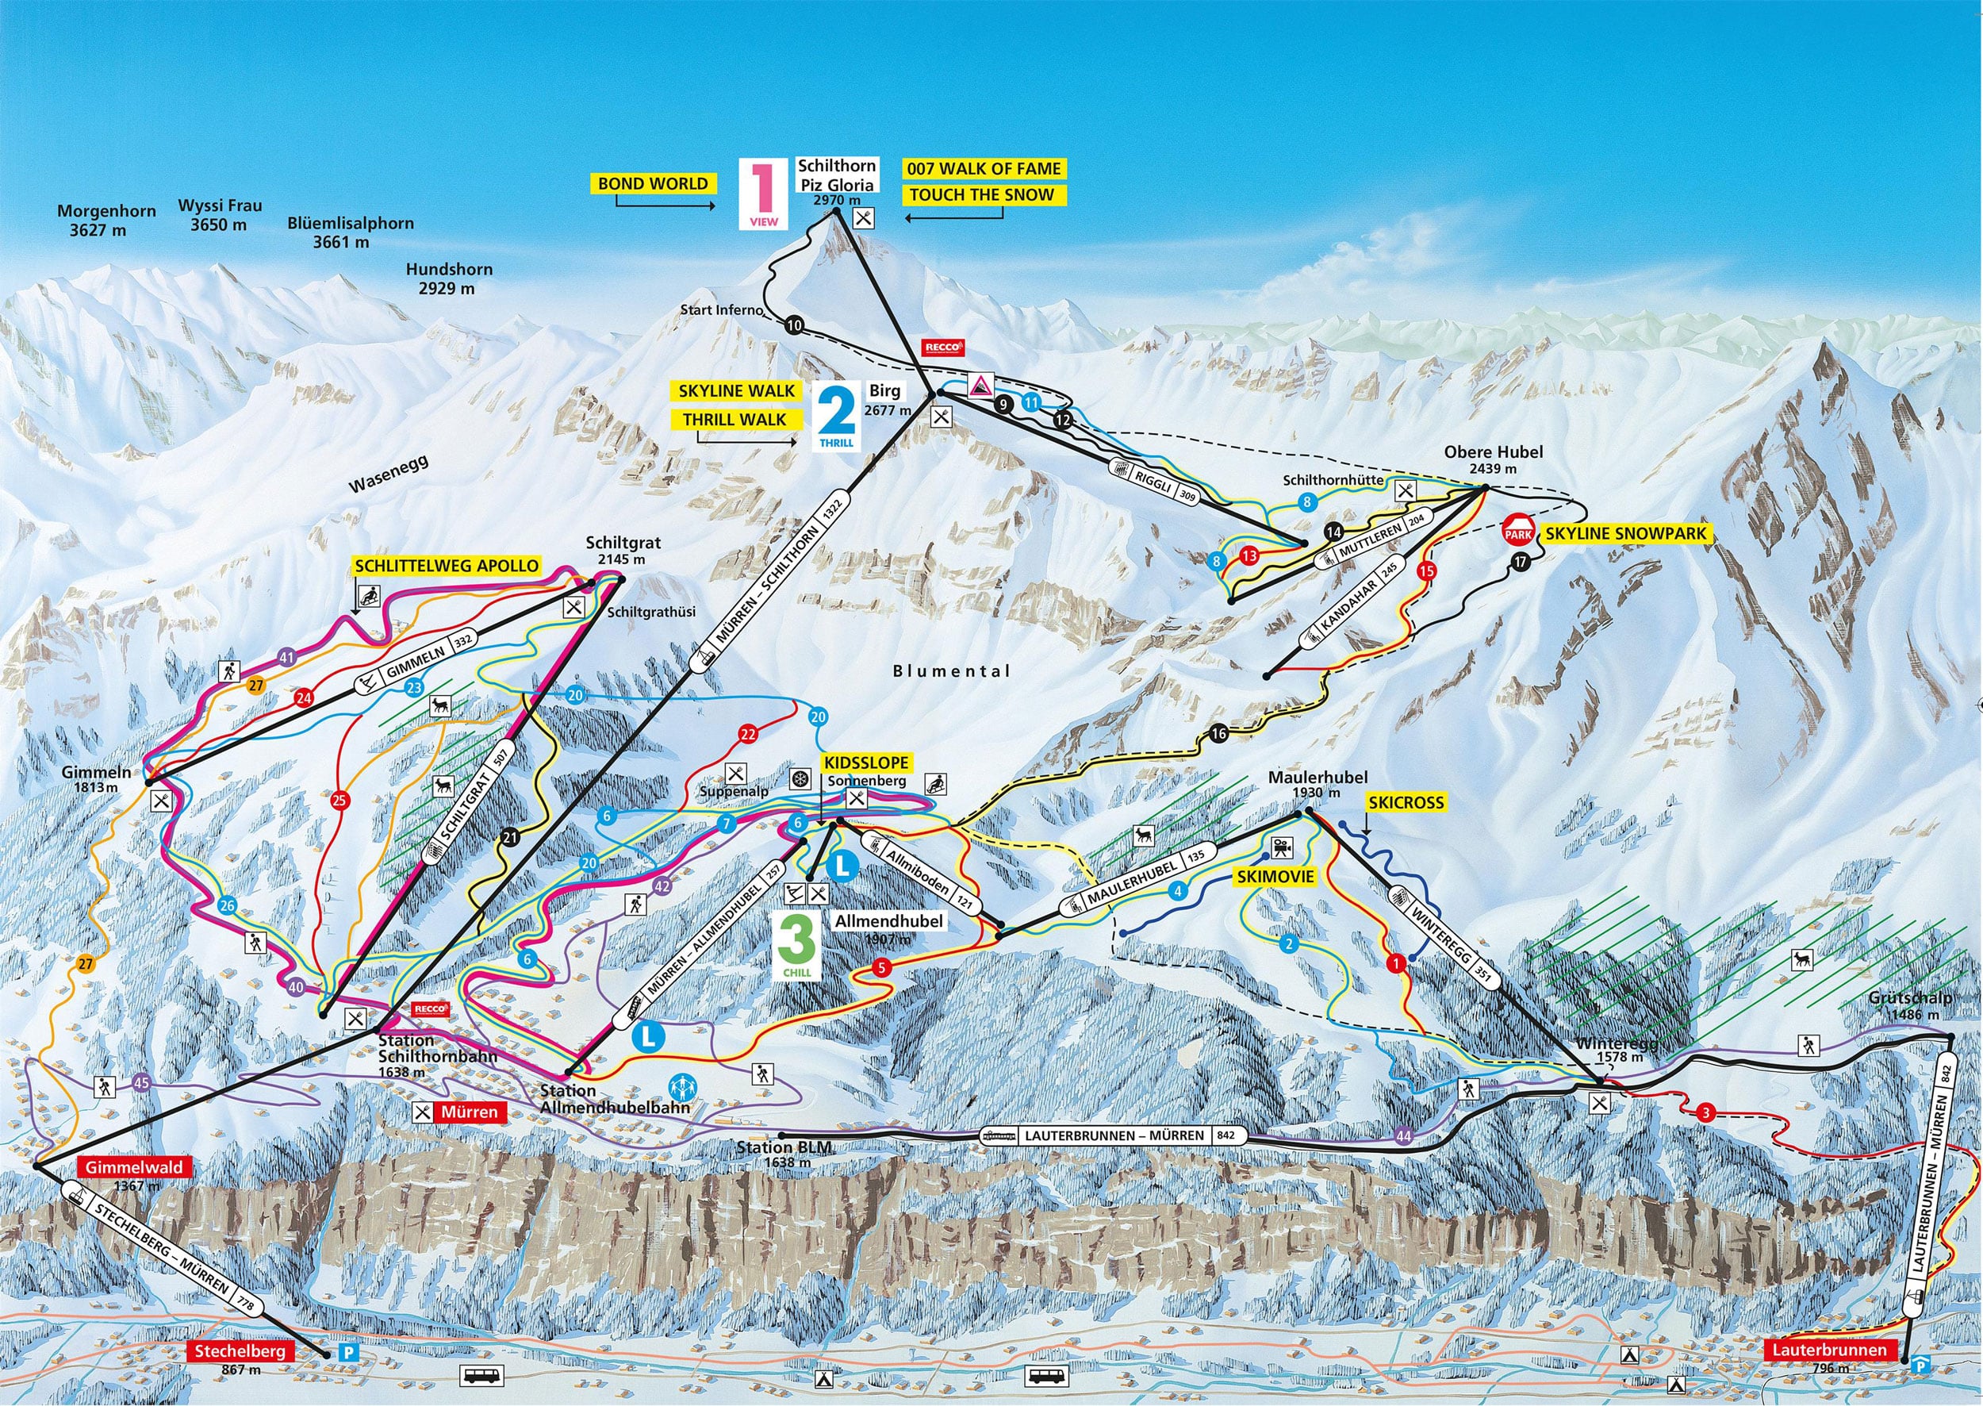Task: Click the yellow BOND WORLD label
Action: point(653,183)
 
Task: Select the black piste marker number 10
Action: point(794,325)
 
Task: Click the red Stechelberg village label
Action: point(240,1351)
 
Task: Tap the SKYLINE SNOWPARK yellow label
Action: point(1626,533)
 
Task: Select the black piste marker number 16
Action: point(1218,734)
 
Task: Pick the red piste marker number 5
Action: point(881,968)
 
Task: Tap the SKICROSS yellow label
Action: point(1406,802)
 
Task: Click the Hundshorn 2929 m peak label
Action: point(448,279)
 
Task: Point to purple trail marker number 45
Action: point(142,1083)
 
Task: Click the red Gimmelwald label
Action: point(133,1167)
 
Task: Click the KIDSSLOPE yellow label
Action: point(866,763)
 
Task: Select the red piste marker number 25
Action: point(339,800)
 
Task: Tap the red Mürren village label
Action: point(468,1112)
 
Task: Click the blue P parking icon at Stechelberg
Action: point(348,1351)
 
